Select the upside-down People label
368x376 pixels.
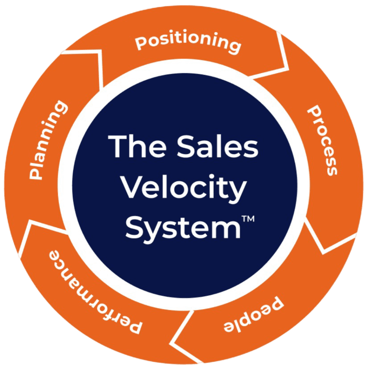[x=254, y=316]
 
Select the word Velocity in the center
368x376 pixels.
[x=183, y=188]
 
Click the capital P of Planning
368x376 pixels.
[x=36, y=173]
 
